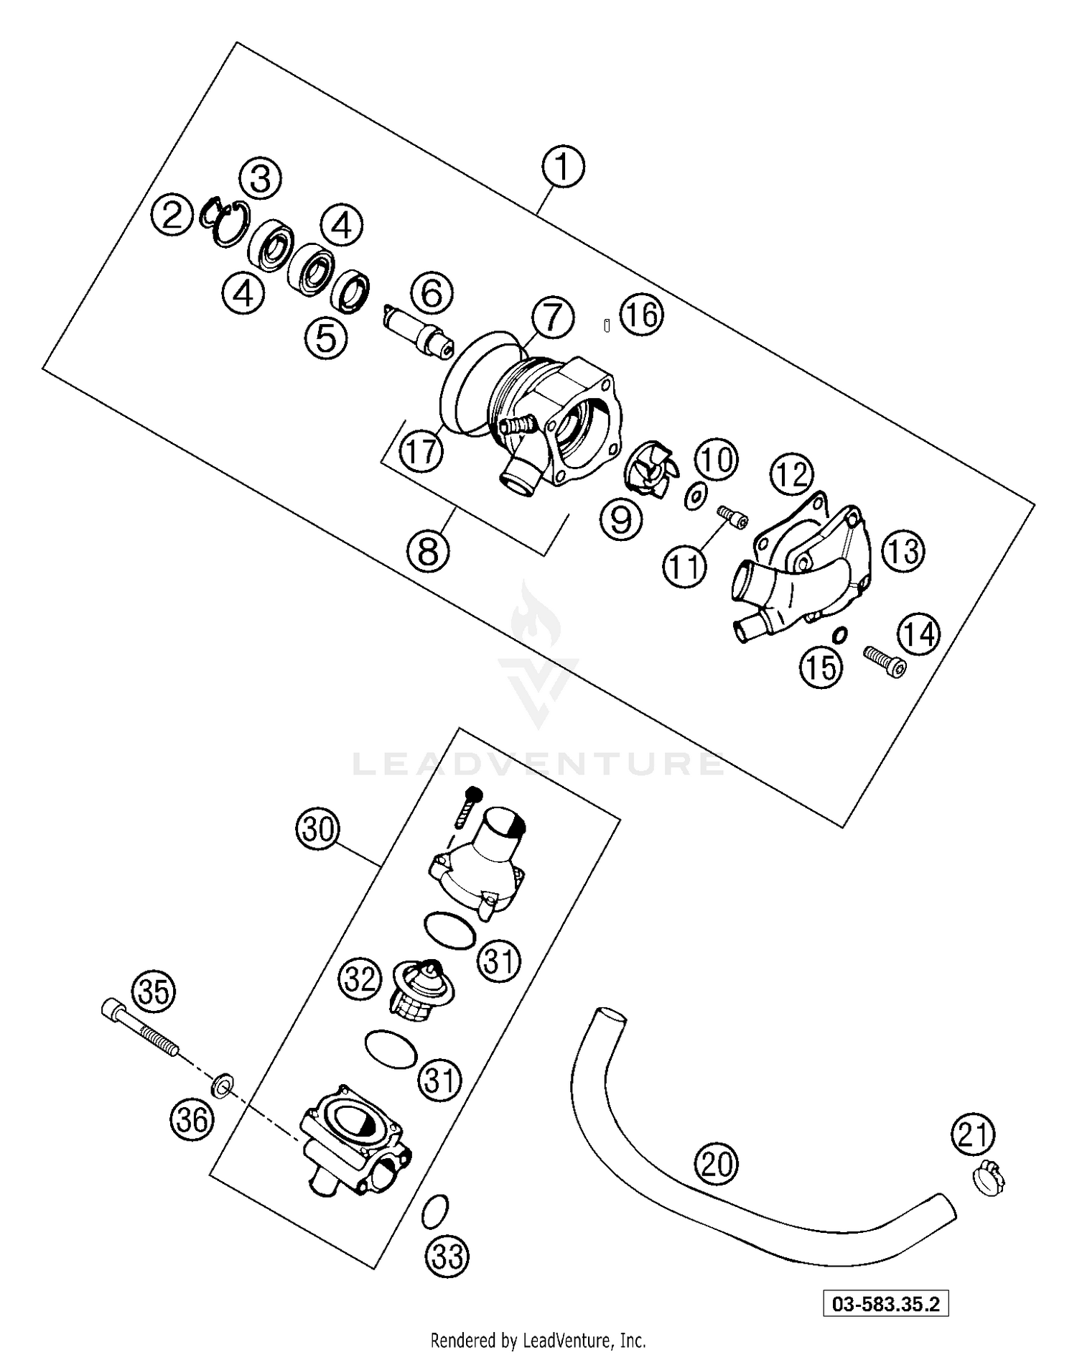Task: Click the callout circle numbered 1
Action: (x=563, y=167)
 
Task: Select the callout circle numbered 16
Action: (x=641, y=315)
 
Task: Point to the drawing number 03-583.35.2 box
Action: (x=885, y=1304)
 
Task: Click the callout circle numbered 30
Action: (x=318, y=830)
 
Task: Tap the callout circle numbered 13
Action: (x=903, y=552)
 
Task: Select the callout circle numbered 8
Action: (x=428, y=552)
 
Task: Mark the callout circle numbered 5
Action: (x=326, y=338)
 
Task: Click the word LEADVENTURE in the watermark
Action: (x=538, y=764)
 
